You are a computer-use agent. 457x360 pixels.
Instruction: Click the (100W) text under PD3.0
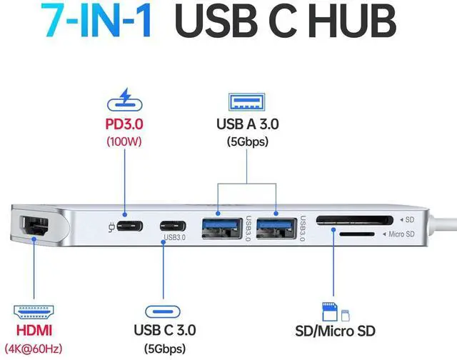coord(124,141)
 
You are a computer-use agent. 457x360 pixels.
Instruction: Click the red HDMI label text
coord(34,331)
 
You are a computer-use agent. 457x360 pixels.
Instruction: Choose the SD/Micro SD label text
coord(335,331)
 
